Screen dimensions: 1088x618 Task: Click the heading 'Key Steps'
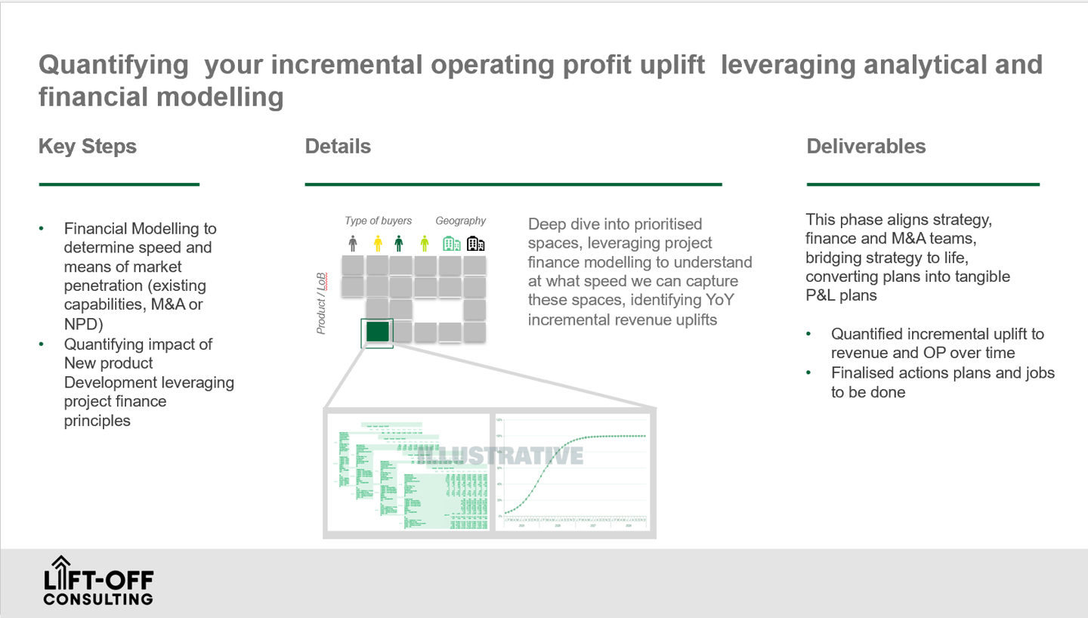[88, 147]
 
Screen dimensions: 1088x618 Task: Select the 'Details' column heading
[338, 147]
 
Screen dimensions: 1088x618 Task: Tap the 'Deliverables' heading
[866, 147]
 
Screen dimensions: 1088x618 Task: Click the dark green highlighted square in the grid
[377, 332]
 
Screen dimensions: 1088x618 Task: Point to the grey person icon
[353, 243]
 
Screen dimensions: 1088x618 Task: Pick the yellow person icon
[378, 243]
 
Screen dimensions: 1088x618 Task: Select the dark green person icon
[399, 243]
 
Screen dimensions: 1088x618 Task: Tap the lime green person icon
[425, 243]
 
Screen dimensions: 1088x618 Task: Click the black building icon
[475, 243]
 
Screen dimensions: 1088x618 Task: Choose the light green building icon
[451, 243]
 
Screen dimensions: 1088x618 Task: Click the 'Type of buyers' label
[379, 221]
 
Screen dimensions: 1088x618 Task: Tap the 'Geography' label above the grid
[460, 221]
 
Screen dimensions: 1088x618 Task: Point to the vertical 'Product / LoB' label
[321, 303]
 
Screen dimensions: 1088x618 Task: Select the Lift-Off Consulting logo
[98, 581]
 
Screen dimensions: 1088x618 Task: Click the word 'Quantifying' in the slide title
[113, 65]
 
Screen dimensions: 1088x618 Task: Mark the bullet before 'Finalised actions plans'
[809, 372]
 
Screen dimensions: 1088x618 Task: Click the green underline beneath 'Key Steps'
[119, 184]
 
